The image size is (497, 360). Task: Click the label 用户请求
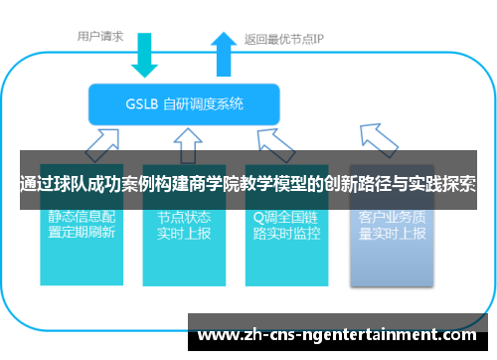(100, 36)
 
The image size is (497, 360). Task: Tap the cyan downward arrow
(145, 56)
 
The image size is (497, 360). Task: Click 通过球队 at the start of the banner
(49, 183)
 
